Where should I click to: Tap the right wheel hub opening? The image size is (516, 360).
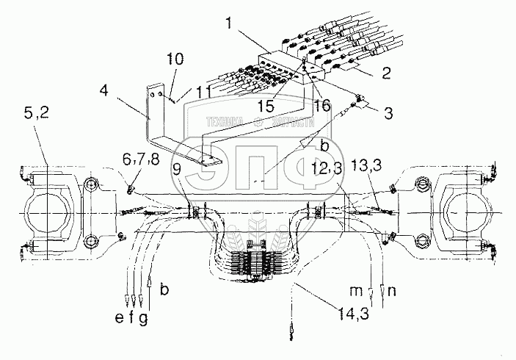[x=467, y=214]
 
